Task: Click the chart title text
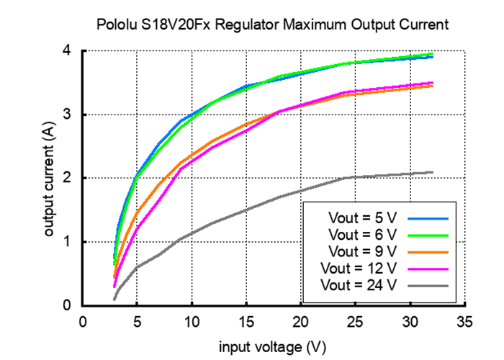point(273,24)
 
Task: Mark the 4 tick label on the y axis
point(66,51)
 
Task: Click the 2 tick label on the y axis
point(66,178)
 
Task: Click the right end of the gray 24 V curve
point(433,172)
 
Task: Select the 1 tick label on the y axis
point(66,242)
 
